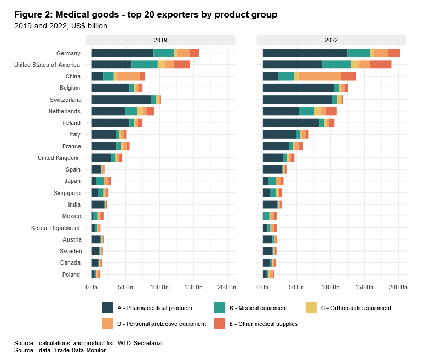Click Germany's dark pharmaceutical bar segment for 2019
click(122, 53)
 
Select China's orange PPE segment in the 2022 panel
click(320, 76)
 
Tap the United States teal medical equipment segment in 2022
click(336, 65)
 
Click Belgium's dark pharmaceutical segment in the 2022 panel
click(298, 88)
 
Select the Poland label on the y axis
click(71, 275)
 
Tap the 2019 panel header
click(160, 41)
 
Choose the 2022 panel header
click(331, 41)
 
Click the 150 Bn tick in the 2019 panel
click(193, 287)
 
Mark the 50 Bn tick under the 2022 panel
click(297, 287)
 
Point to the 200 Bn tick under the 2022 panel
click(398, 287)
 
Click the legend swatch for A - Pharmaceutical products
click(107, 308)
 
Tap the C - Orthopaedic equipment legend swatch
click(311, 308)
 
